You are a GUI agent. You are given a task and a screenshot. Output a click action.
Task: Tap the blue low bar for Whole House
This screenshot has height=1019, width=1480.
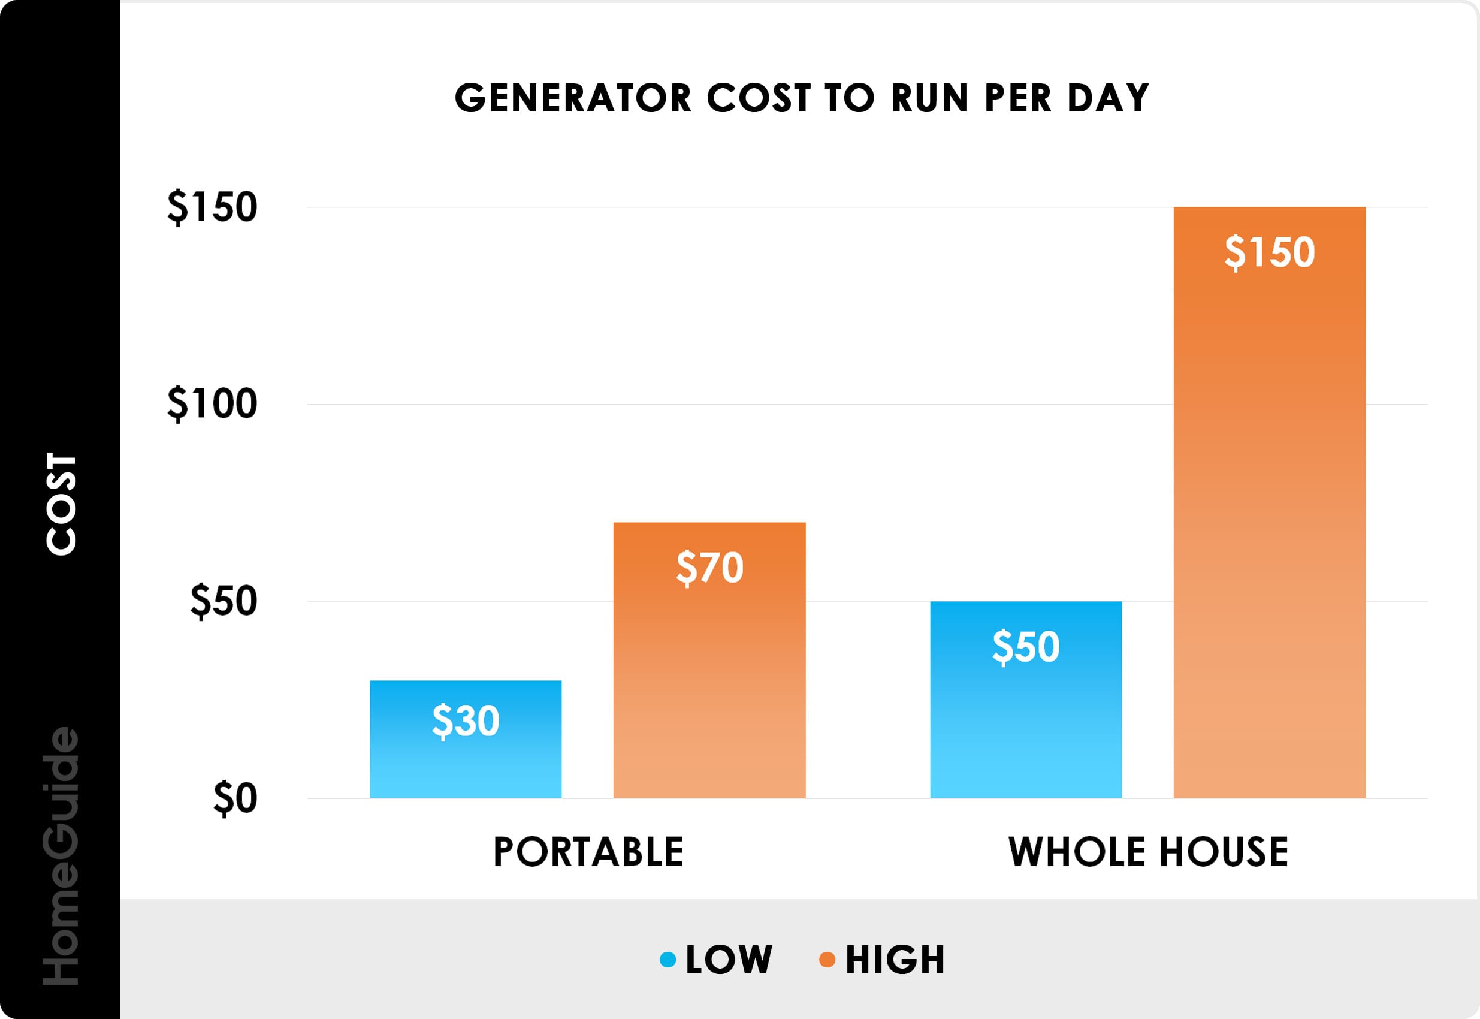point(1025,715)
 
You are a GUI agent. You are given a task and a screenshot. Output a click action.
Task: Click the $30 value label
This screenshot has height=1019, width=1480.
point(465,722)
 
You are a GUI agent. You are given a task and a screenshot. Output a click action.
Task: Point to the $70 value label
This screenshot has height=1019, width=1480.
point(709,568)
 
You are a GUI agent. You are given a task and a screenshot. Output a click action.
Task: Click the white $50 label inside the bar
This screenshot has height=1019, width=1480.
point(1025,647)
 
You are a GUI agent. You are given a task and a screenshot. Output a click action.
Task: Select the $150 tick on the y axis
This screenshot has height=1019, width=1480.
point(212,207)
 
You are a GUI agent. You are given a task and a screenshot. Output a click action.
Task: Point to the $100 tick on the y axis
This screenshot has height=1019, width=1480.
point(212,404)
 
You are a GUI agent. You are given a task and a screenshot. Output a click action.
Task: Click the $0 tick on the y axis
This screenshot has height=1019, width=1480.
point(235,799)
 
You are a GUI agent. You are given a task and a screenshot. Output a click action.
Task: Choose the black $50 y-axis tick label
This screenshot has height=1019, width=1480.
point(223,601)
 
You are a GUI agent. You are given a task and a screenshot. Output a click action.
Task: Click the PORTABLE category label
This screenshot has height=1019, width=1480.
point(588,852)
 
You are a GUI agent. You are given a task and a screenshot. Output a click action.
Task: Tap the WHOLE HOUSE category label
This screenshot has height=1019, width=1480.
point(1147,852)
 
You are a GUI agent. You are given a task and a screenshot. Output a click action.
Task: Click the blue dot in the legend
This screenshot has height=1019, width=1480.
point(667,960)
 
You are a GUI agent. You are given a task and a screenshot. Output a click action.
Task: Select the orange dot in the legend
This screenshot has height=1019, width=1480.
point(827,960)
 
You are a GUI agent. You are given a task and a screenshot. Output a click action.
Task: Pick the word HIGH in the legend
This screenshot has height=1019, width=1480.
point(895,960)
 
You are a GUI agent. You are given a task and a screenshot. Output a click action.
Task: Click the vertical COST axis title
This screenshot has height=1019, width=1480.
point(61,504)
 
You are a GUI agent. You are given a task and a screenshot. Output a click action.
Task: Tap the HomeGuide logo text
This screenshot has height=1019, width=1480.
point(61,855)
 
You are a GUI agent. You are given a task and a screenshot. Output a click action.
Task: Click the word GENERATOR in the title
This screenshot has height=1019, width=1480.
point(572,98)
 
